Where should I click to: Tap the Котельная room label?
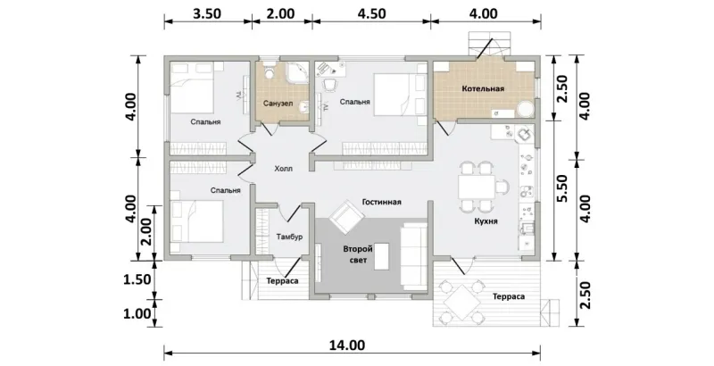coord(483,88)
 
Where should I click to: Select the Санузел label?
coord(278,104)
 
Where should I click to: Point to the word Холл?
coord(283,169)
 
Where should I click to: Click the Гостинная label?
coord(382,202)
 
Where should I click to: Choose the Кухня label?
coord(485,221)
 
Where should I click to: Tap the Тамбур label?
coord(289,237)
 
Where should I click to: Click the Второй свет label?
coord(358,254)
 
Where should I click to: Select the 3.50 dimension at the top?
coord(207,13)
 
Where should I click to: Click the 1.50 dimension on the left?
coord(137,279)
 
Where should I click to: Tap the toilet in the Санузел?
coord(269,71)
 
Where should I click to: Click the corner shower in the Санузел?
coord(297,72)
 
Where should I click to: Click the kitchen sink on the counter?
coord(525,135)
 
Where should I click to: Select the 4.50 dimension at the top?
coord(371,13)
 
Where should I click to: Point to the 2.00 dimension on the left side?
coord(146,232)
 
